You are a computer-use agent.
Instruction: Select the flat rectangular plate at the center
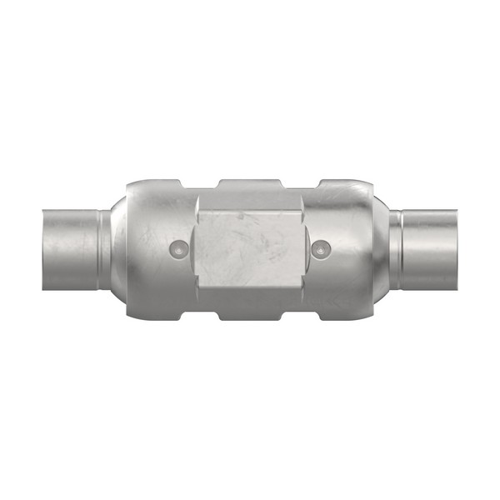(249, 249)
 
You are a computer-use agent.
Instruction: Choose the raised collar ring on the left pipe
(103, 249)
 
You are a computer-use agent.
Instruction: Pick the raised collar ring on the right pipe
(397, 249)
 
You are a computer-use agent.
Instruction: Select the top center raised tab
(249, 182)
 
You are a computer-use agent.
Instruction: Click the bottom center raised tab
(249, 317)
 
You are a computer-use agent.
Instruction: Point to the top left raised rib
(158, 182)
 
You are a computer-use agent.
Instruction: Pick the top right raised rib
(342, 182)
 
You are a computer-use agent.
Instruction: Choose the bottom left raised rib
(158, 317)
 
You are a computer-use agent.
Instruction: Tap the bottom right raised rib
(342, 317)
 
